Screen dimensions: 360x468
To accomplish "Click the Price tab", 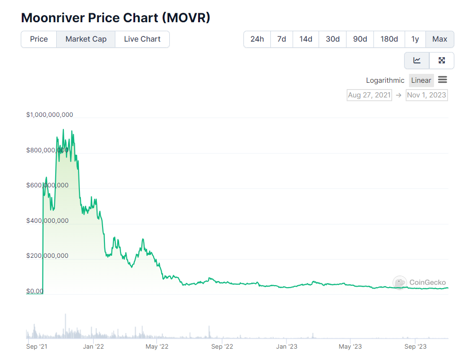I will pos(39,39).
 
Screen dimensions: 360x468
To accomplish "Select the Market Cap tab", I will pos(86,39).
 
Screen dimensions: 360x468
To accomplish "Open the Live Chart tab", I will pos(142,39).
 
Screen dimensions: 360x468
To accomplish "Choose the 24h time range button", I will pos(257,39).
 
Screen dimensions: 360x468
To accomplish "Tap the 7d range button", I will pos(282,39).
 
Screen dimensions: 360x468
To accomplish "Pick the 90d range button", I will pos(360,39).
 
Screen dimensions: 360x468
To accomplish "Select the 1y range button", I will pos(415,39).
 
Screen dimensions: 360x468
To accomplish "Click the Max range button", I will pos(440,39).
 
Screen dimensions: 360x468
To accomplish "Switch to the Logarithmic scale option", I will pos(385,80).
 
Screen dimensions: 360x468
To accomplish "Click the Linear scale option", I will pos(421,80).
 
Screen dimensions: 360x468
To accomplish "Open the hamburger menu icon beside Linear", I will pos(442,80).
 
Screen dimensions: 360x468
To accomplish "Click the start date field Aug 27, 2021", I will pos(369,95).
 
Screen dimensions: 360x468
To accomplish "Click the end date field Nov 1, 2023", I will pos(426,95).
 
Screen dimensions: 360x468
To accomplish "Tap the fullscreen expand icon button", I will pos(442,61).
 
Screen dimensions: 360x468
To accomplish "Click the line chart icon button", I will pos(417,61).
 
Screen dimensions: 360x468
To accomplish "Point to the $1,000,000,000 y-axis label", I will pos(50,115).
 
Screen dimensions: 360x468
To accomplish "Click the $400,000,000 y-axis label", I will pos(48,221).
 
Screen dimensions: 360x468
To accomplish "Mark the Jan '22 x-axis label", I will pos(93,347).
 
